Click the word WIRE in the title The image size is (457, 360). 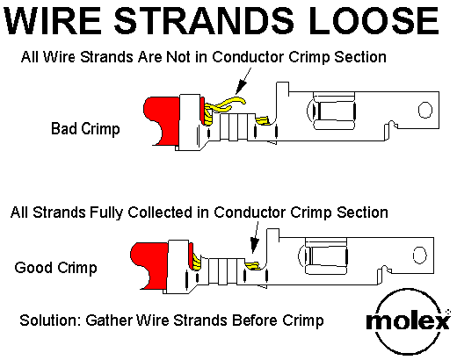coord(53,21)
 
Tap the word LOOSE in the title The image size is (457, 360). coord(374,21)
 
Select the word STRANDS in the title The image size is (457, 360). coord(204,21)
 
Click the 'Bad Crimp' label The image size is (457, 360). coord(85,129)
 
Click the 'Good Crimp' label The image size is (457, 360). coord(55,268)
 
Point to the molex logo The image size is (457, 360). coord(409,321)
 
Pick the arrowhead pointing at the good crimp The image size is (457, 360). coord(254,246)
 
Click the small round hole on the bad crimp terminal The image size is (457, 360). coord(425,110)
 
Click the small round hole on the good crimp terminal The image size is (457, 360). coord(419,255)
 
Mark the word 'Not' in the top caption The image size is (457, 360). coord(178,57)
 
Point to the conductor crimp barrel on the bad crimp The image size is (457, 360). coord(237,127)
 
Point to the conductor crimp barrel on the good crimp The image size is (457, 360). coord(226,271)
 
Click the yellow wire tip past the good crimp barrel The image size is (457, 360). coord(252,266)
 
